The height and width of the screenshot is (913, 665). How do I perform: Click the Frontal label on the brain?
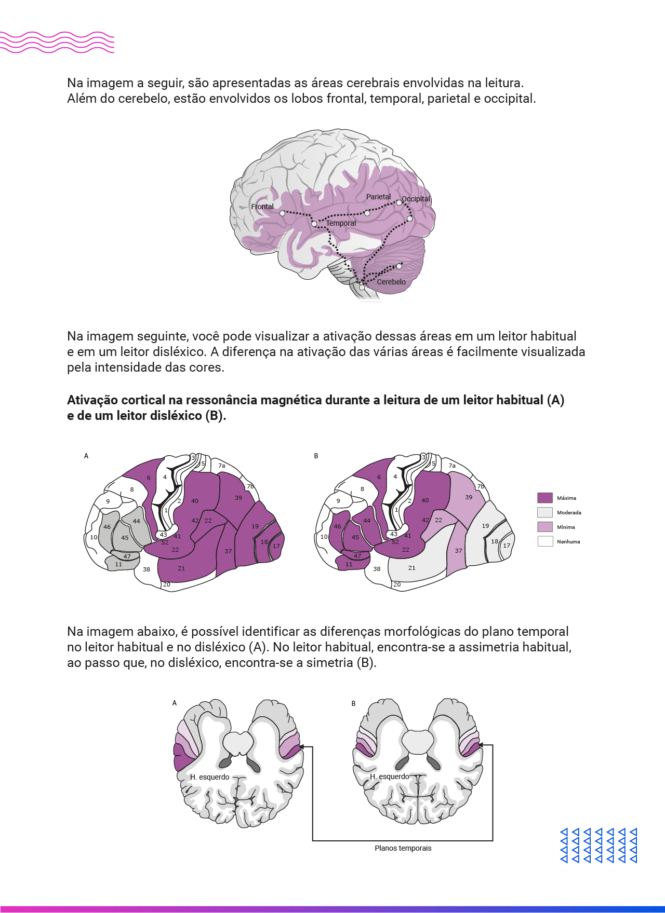262,207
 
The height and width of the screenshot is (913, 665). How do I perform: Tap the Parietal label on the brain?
378,197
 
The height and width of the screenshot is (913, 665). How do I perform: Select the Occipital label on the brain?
416,199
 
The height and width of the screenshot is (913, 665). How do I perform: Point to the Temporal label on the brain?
341,223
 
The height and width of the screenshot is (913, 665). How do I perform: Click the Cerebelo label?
391,282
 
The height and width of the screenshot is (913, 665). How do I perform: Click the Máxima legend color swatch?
545,498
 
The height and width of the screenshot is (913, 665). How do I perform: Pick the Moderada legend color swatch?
545,512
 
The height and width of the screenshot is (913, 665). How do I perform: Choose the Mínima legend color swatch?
545,527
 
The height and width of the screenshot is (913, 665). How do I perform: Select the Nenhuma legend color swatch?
545,541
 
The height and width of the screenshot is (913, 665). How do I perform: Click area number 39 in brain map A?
238,498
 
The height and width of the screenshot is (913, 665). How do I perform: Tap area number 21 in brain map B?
412,568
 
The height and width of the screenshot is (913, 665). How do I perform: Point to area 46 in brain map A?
107,527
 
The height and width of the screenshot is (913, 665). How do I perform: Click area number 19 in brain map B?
485,526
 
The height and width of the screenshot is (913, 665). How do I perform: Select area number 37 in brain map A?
228,551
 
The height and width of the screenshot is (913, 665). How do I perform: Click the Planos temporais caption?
403,848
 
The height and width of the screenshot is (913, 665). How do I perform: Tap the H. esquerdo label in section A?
209,777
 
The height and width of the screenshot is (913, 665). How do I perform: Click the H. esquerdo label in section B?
390,776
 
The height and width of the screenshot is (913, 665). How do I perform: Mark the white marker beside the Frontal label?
282,213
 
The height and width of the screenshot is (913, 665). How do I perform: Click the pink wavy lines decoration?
57,42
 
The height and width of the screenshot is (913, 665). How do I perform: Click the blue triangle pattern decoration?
599,845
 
